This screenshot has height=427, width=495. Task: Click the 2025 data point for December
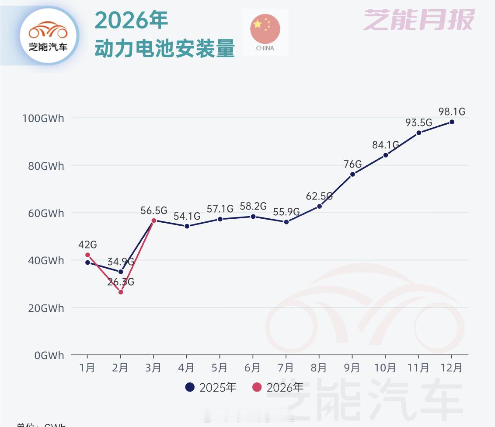coord(452,122)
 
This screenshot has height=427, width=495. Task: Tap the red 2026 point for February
coord(121,292)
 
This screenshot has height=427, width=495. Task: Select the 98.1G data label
coord(452,112)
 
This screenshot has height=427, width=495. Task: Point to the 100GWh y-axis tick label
coord(43,118)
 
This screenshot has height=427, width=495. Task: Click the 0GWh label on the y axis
coord(49,355)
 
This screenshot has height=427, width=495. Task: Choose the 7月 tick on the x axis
coord(286,368)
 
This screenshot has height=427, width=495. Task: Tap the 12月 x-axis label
coord(452,368)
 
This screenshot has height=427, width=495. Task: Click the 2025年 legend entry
coord(211,387)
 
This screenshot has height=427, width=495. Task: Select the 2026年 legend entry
coord(278,387)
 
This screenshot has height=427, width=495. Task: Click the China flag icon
coord(265,32)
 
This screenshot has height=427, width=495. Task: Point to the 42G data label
coord(87,244)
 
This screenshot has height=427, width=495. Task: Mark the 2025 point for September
coord(352,174)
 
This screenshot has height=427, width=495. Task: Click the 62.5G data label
coord(319,196)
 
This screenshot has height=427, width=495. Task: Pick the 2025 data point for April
coord(187,226)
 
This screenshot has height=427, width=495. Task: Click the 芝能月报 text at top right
coord(419,20)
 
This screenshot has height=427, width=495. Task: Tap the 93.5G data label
coord(418,122)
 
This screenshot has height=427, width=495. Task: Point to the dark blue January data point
coord(87,262)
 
